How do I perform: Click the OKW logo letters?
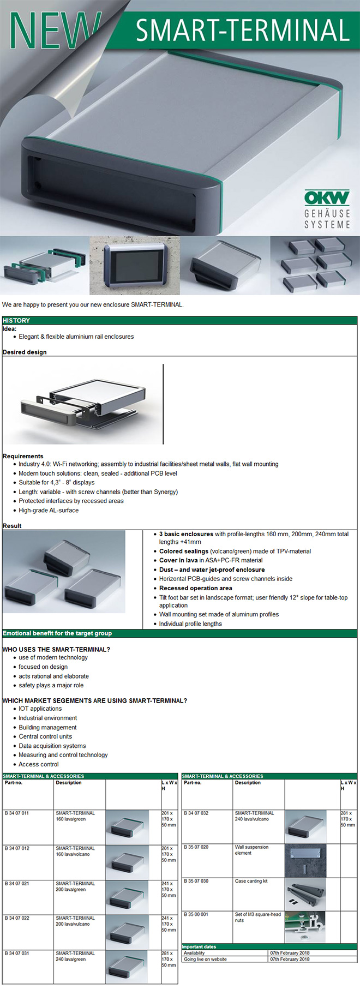(x=327, y=197)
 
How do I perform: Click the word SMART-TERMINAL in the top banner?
(x=242, y=31)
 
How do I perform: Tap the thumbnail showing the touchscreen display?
(x=134, y=266)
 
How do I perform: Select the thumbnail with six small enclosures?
(x=315, y=266)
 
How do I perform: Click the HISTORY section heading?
(x=16, y=320)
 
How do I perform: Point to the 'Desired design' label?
(x=25, y=352)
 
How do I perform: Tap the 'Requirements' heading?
(x=23, y=456)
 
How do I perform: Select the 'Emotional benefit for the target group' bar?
(x=57, y=633)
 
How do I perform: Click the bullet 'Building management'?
(x=47, y=727)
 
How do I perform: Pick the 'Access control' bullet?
(x=39, y=764)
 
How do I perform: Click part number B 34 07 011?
(x=17, y=813)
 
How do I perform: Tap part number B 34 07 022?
(x=17, y=918)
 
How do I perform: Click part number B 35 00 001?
(x=196, y=914)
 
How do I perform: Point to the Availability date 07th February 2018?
(x=290, y=953)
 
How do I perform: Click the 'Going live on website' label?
(x=205, y=959)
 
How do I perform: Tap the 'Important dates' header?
(x=199, y=947)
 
